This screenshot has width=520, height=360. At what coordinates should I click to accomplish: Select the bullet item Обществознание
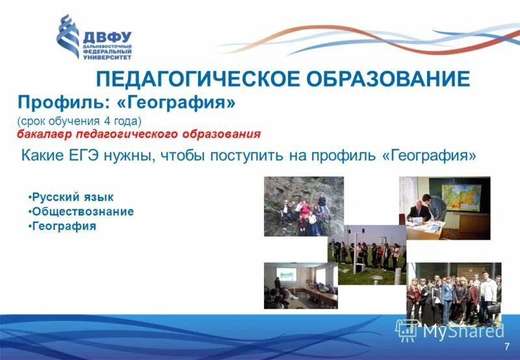click(83, 212)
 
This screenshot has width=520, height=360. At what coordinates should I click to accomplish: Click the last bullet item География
click(64, 226)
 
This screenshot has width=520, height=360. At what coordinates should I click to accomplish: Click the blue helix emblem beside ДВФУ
click(68, 37)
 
